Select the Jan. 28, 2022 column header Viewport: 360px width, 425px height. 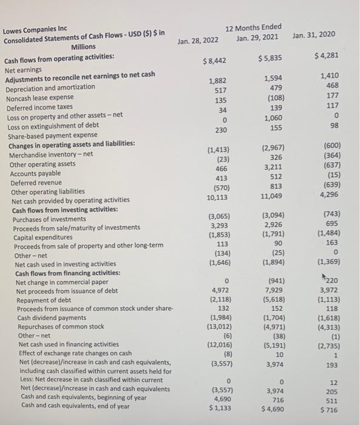pyautogui.click(x=198, y=41)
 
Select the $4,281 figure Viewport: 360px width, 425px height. pyautogui.click(x=325, y=56)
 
